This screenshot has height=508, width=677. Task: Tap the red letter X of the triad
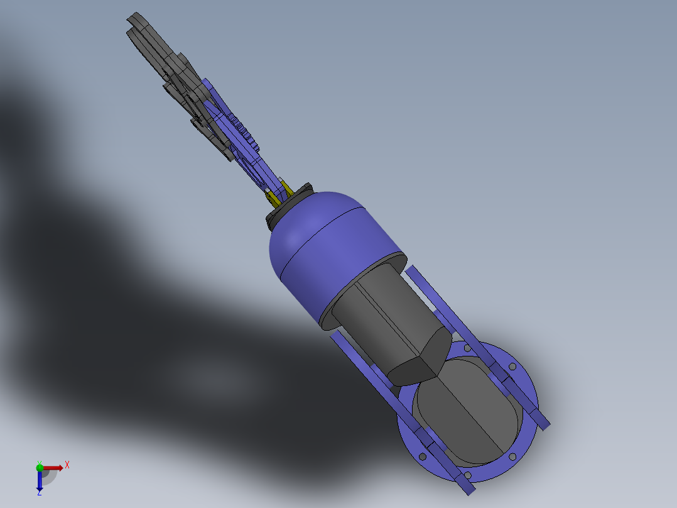click(67, 465)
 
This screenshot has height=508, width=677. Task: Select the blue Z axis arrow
click(40, 481)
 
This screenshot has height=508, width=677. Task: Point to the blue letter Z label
click(39, 493)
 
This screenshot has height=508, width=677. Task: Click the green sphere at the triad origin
click(40, 467)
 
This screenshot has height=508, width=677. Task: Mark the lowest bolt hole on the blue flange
click(467, 474)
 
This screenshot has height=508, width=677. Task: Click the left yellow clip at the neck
click(271, 197)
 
